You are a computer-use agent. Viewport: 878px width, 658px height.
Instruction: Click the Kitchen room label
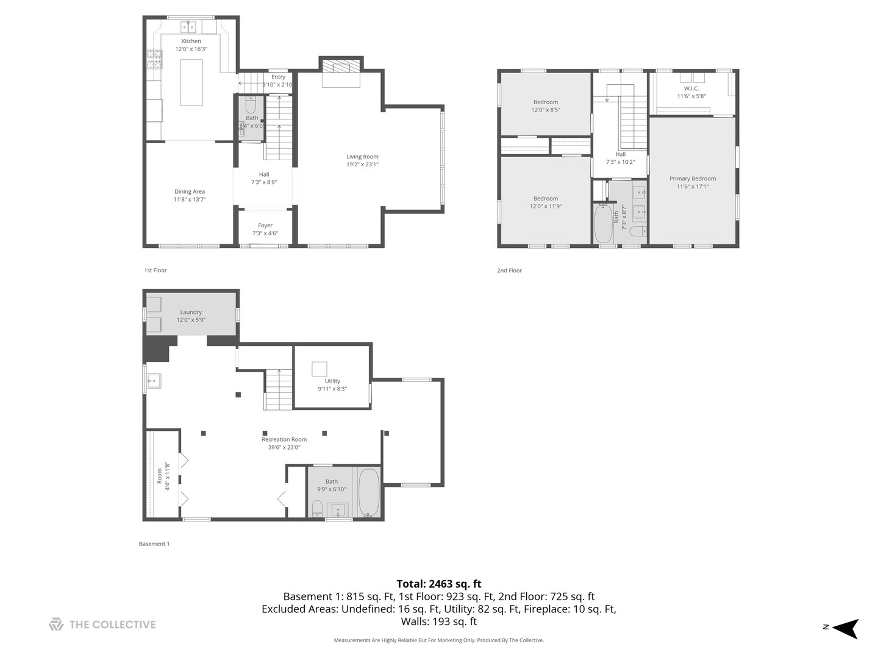(x=191, y=41)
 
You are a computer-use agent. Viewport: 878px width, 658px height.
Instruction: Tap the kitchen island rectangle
(x=191, y=82)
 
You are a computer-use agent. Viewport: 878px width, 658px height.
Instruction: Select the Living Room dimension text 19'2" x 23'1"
(x=362, y=164)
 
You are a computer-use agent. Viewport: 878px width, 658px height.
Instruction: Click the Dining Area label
(x=190, y=192)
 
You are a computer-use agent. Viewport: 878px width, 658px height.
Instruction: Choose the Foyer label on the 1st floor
(x=265, y=225)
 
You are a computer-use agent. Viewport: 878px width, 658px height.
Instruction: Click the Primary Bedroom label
(x=693, y=179)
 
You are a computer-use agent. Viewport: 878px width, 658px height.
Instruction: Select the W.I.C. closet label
(x=691, y=88)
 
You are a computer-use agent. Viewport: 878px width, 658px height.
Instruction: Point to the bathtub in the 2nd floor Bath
(x=603, y=224)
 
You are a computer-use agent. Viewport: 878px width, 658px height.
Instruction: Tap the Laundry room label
(x=191, y=312)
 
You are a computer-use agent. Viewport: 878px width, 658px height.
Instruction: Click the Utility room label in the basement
(x=332, y=381)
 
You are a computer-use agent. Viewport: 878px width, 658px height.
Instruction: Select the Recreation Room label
(x=284, y=439)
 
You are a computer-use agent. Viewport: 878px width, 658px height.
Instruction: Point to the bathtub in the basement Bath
(x=368, y=492)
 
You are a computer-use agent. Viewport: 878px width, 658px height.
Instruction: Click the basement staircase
(x=279, y=389)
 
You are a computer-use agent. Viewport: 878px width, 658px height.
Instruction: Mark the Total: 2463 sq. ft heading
(x=439, y=584)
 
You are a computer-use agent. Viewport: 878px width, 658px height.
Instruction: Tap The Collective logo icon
(x=56, y=624)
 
